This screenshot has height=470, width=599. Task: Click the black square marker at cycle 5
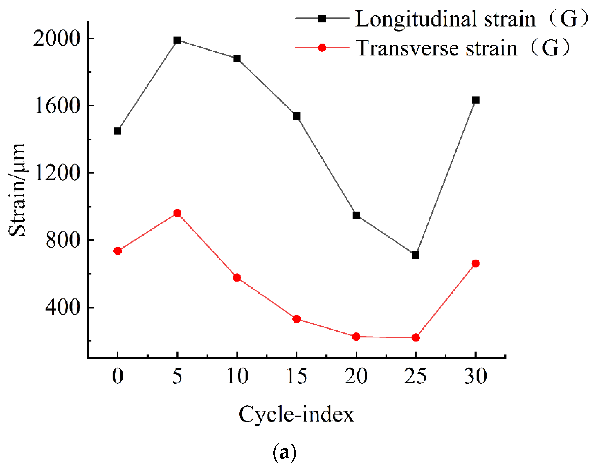coord(177,40)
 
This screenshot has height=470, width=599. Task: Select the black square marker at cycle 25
coord(416,255)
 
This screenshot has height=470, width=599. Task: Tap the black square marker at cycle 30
coord(475,100)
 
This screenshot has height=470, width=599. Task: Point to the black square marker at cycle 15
coord(296,116)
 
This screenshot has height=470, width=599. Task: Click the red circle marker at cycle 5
coord(177,213)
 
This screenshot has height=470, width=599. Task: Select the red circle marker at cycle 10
coord(237,277)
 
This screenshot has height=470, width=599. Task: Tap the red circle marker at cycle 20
coord(356,337)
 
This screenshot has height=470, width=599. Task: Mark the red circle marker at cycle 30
coord(475,263)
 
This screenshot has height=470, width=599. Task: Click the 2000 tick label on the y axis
coord(56,38)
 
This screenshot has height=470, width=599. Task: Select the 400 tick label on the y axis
coord(63,307)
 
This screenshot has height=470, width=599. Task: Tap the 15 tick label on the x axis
coord(297,376)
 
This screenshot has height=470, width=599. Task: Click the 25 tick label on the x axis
coord(416,376)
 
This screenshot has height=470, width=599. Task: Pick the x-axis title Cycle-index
coord(296,414)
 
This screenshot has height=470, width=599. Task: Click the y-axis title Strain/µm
coord(17,190)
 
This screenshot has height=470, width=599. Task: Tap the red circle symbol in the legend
coord(322,48)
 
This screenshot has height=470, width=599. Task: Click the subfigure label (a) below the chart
coord(284,452)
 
